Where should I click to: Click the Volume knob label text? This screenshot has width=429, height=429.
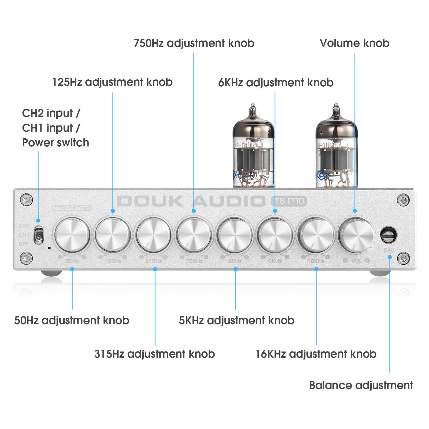point(354,43)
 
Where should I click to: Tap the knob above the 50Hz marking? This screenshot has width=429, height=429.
point(72,235)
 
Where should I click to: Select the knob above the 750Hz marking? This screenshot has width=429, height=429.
point(194,235)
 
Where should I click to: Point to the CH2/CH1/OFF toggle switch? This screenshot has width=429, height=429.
point(38,235)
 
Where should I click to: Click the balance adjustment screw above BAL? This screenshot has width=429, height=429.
point(389,235)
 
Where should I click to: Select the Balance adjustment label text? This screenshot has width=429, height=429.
point(361,385)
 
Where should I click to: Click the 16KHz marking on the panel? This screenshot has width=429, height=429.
point(316,261)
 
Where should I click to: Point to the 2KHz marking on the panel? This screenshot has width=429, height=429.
point(235,261)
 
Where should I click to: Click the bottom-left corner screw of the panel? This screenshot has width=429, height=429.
point(27,258)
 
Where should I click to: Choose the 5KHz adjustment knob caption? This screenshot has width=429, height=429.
point(236,320)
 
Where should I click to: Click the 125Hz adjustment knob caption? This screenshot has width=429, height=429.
point(112,82)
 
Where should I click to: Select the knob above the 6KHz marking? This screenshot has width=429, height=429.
point(275,235)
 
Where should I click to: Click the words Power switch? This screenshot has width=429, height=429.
point(56,143)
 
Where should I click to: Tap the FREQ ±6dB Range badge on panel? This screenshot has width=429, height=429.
point(72,208)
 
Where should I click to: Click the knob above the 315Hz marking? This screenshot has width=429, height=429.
point(153,235)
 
